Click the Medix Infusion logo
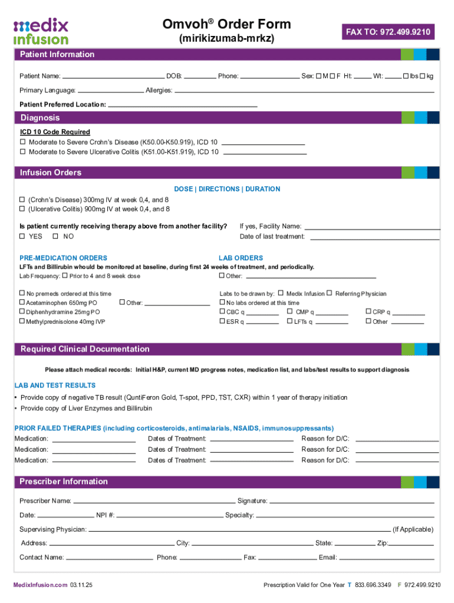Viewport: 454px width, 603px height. point(41,31)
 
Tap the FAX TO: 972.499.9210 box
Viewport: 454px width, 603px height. point(389,32)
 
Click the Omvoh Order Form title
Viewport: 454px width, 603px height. point(226,24)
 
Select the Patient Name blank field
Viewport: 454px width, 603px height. point(113,76)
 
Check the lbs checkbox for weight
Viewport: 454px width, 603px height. point(406,76)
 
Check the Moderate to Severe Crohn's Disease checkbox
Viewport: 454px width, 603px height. point(23,142)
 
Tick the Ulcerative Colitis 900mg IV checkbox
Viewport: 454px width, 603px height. point(23,208)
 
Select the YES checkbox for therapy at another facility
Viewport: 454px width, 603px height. point(23,236)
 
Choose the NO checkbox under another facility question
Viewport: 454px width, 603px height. point(55,236)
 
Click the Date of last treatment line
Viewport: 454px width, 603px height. point(374,237)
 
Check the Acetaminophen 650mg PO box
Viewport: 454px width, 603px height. point(22,303)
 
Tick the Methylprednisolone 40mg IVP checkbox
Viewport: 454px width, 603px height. point(22,322)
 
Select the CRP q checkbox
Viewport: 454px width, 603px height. point(369,312)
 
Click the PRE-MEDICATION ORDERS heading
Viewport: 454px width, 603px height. point(63,258)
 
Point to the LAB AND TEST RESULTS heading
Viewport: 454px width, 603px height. point(55,385)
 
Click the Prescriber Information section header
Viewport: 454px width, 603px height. point(64,482)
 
